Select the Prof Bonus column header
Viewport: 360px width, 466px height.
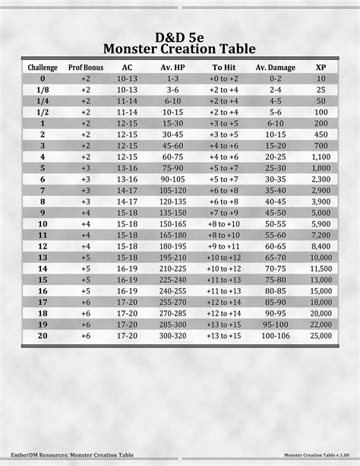(86, 67)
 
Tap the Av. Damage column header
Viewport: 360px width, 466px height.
(276, 67)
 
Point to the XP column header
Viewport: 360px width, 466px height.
(321, 67)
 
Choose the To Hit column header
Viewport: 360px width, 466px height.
(225, 67)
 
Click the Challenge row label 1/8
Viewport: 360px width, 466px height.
(43, 90)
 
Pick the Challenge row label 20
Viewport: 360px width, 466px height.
(43, 335)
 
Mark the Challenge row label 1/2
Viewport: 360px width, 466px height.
(43, 112)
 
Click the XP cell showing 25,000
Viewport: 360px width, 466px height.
(321, 335)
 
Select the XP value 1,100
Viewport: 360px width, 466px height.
(321, 156)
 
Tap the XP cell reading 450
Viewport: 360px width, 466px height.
(321, 134)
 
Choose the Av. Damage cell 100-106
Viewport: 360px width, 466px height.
(276, 335)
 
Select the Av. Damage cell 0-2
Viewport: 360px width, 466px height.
(276, 78)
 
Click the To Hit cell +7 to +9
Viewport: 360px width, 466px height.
(225, 212)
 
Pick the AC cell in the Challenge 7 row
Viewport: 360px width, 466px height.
(128, 190)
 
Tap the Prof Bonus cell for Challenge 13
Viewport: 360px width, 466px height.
(86, 257)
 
